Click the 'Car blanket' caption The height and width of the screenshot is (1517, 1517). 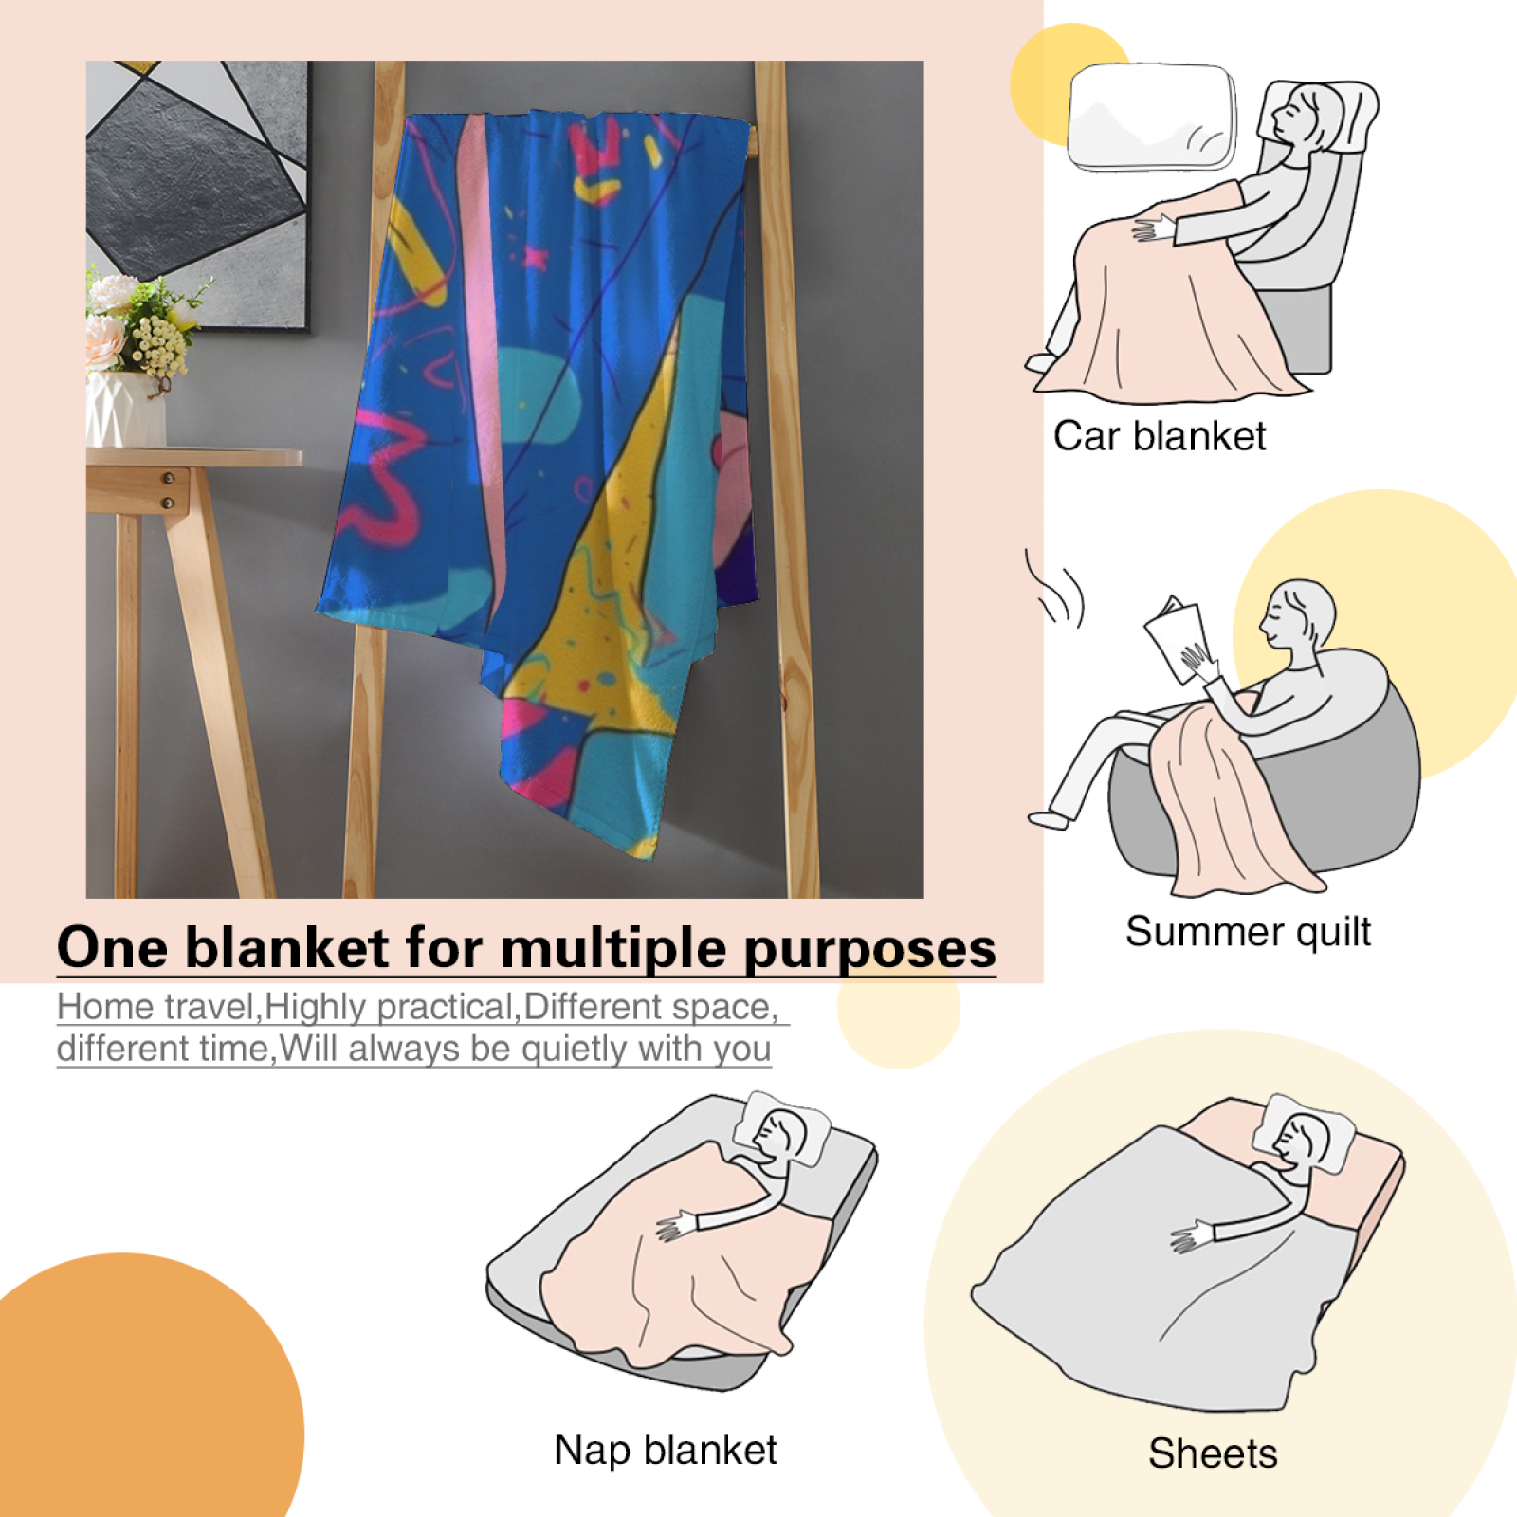click(1159, 437)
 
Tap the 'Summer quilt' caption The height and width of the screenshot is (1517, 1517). click(1248, 932)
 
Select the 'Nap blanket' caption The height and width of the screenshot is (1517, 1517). click(666, 1451)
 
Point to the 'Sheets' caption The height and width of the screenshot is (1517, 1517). click(1213, 1453)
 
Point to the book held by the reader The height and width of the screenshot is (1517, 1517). click(1175, 638)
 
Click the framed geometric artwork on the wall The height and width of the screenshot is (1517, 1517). click(198, 195)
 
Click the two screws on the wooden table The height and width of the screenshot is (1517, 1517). click(169, 490)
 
